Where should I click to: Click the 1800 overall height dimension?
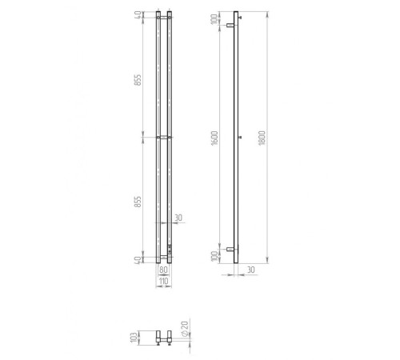tap(262, 138)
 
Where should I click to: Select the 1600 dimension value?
tap(214, 138)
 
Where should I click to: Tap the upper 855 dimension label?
tap(138, 80)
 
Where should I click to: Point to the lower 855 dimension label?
tap(138, 202)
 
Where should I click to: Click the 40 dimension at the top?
tap(138, 14)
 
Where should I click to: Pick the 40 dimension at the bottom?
tap(138, 260)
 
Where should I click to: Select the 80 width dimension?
tap(163, 270)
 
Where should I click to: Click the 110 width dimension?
tap(164, 281)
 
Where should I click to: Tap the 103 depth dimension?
tap(134, 338)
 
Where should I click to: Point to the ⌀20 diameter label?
tap(185, 329)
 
